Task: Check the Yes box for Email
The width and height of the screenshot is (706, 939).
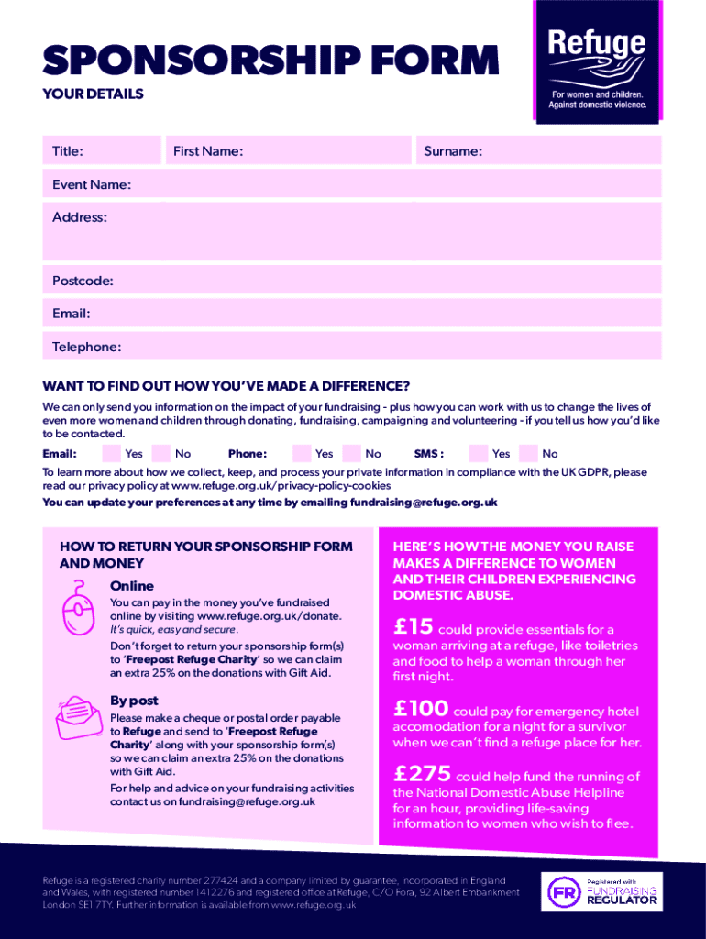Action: (x=111, y=452)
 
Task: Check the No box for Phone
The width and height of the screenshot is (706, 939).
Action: (x=350, y=452)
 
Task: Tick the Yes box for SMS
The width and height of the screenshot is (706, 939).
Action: (x=478, y=452)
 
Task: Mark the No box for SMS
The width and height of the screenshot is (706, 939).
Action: (x=527, y=452)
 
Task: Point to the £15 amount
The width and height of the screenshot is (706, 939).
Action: (x=413, y=627)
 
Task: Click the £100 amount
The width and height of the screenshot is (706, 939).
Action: (x=421, y=709)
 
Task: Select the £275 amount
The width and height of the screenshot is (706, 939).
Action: (x=422, y=774)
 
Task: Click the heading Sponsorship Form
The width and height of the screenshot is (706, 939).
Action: (x=270, y=61)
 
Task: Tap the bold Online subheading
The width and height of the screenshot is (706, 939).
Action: (x=132, y=585)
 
